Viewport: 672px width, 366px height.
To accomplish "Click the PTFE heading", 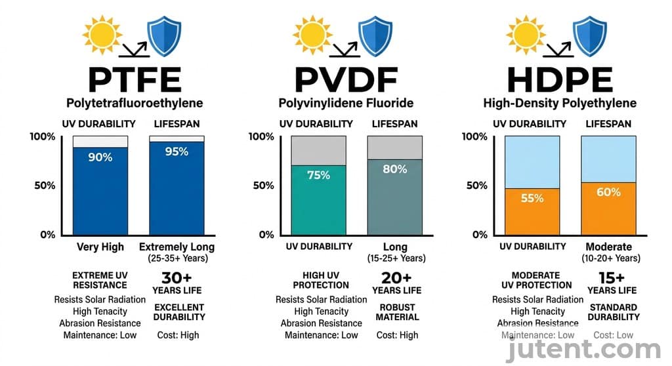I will click(x=134, y=79).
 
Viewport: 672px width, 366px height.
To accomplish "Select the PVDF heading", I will click(x=346, y=79).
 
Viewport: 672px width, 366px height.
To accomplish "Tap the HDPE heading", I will click(x=559, y=79).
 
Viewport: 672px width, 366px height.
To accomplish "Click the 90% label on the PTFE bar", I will click(x=100, y=157).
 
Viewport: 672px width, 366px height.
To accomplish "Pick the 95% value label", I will click(x=177, y=152).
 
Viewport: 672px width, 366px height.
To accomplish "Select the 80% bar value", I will click(x=394, y=169).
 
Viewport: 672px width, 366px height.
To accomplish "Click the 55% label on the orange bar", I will click(x=532, y=197).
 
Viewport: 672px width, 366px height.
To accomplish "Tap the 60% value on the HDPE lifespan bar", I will click(x=608, y=192).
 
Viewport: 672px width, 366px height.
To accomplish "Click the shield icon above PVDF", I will click(x=375, y=35).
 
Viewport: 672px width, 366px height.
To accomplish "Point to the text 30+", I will click(x=177, y=277).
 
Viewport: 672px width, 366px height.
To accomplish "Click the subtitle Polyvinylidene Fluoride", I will click(x=346, y=103).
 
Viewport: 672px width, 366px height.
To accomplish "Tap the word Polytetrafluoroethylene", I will click(x=134, y=103).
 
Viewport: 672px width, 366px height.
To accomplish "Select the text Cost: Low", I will click(x=613, y=335).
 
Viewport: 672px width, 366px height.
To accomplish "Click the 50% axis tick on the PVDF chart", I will click(x=262, y=186).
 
